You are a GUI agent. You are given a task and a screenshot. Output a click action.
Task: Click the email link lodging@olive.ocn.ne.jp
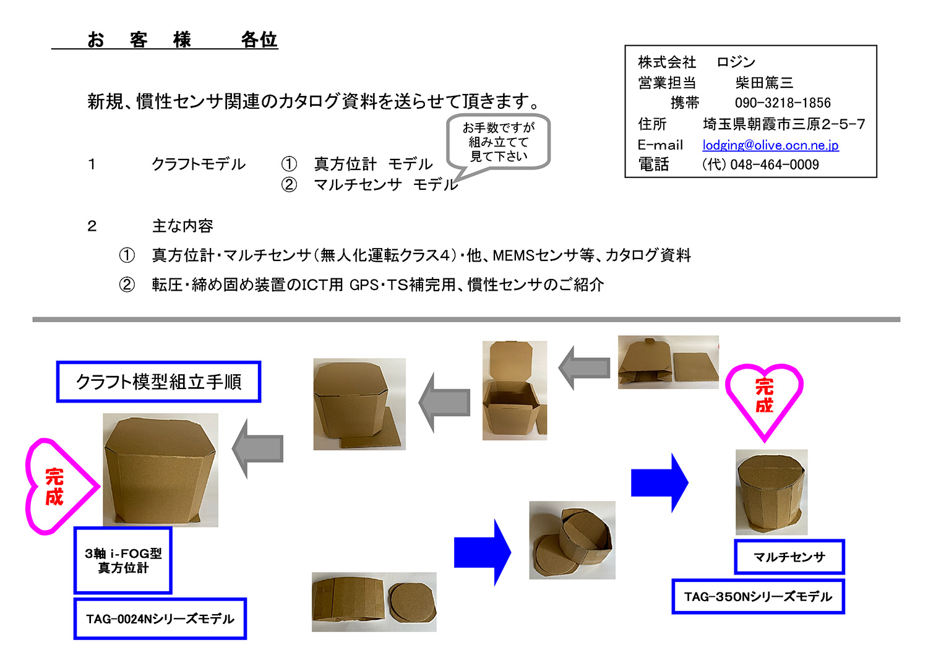click(x=770, y=145)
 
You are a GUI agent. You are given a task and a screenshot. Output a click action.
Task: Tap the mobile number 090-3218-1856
click(x=783, y=103)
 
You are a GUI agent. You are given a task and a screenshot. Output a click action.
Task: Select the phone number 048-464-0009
click(x=774, y=165)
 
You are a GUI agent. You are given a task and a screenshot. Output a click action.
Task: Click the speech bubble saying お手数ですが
click(x=498, y=142)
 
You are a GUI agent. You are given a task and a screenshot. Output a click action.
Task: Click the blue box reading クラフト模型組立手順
click(x=158, y=382)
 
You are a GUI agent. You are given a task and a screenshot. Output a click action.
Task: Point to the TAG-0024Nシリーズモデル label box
click(x=160, y=618)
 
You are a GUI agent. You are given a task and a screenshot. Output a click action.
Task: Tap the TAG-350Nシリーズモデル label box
click(x=758, y=596)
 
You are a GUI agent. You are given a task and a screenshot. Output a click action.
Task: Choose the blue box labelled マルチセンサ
click(x=789, y=557)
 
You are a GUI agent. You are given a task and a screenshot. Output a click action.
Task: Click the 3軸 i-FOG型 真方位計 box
click(x=123, y=560)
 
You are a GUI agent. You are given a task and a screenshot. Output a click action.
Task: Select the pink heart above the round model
click(x=764, y=396)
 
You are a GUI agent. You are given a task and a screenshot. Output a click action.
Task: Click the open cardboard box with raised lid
click(x=514, y=390)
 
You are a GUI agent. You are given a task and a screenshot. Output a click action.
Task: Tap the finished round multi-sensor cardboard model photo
click(x=771, y=492)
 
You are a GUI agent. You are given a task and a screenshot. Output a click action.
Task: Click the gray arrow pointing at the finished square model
click(x=258, y=448)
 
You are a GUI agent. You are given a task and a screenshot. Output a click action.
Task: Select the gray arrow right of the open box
click(x=585, y=367)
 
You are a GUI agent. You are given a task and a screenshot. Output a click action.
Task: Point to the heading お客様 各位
click(x=182, y=40)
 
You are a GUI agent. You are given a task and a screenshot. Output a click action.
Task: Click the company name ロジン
click(x=736, y=62)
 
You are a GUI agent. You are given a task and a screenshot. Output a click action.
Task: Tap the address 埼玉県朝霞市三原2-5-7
click(x=783, y=124)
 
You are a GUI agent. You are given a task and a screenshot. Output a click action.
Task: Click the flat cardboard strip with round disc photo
click(x=374, y=602)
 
